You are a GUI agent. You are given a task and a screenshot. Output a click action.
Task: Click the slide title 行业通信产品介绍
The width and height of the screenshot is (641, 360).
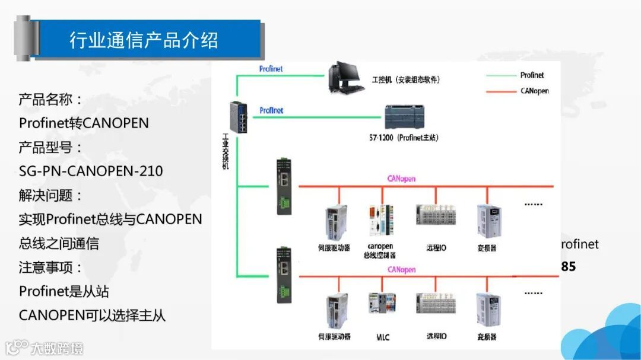[144, 40]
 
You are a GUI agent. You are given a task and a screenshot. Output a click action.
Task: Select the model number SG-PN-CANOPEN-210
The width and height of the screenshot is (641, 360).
[91, 171]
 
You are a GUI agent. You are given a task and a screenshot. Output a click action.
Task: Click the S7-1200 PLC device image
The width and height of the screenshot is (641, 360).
[404, 117]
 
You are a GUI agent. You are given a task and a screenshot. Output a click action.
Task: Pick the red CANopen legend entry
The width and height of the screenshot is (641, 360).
[517, 91]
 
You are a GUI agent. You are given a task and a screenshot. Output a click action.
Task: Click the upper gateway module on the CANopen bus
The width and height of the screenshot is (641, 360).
[283, 186]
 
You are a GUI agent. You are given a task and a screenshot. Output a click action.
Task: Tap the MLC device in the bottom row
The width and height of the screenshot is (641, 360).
[382, 308]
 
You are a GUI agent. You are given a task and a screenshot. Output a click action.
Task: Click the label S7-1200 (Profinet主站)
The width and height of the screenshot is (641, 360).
[404, 138]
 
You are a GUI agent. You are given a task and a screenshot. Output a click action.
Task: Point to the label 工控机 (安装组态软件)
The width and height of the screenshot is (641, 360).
[405, 79]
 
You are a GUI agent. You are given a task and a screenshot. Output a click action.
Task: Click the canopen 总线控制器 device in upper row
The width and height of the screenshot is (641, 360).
[381, 222]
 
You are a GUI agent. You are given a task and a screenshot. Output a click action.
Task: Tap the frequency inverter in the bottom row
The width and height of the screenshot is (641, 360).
[488, 308]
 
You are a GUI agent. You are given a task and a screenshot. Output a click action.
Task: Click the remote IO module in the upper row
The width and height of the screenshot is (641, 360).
[435, 216]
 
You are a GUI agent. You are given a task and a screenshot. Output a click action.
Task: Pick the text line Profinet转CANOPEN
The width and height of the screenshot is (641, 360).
[84, 123]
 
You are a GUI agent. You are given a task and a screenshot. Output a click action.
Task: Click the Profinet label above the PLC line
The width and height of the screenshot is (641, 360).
[271, 110]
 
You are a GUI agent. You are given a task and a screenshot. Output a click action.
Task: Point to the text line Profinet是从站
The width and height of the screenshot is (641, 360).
[64, 291]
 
